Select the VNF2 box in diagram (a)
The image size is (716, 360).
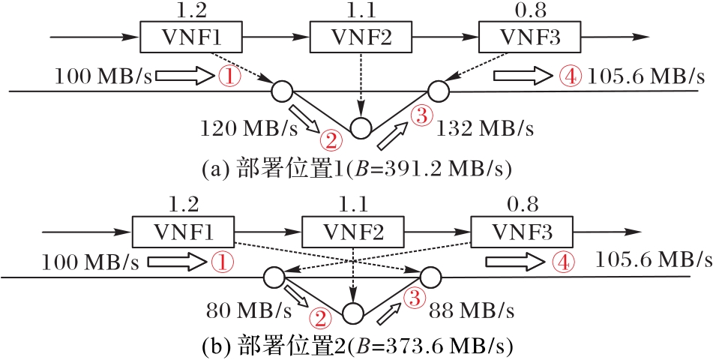pyautogui.click(x=352, y=35)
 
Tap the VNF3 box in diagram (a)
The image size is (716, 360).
pyautogui.click(x=520, y=35)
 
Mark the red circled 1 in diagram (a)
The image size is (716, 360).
pyautogui.click(x=228, y=76)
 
